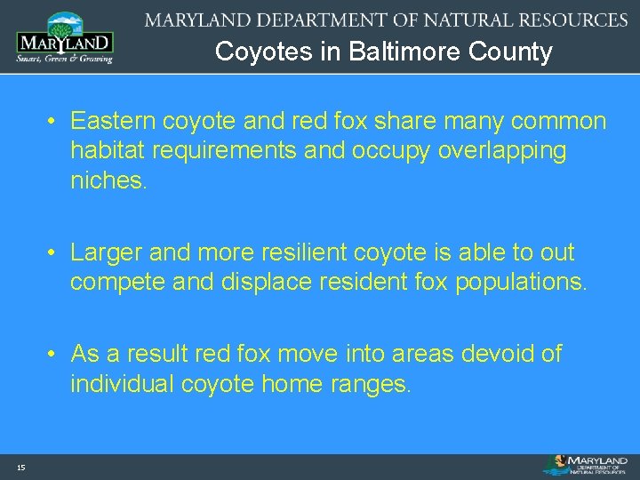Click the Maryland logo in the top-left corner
point(65,37)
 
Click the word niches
point(108,181)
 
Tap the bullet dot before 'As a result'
point(54,355)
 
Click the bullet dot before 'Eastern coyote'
point(54,122)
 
